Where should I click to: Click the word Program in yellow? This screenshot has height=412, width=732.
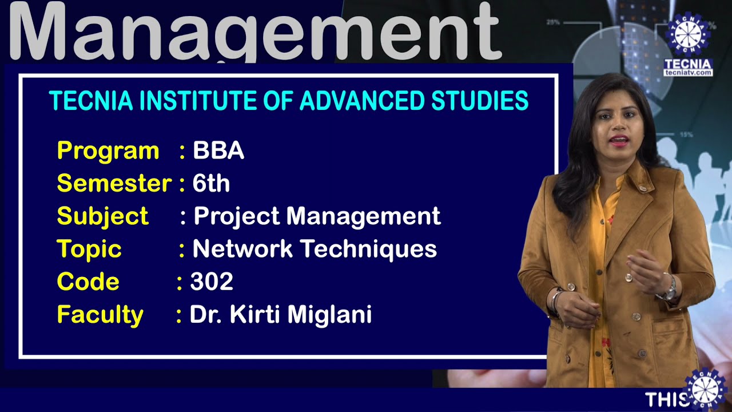[x=108, y=151]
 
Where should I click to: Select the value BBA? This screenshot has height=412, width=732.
[x=218, y=150]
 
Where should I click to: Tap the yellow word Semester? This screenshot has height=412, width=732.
[x=114, y=184]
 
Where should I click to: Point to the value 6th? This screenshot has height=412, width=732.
[x=211, y=184]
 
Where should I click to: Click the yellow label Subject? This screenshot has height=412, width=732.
[x=103, y=216]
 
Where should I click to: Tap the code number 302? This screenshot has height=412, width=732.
[x=212, y=282]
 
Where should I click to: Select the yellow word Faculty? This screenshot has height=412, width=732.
[x=100, y=315]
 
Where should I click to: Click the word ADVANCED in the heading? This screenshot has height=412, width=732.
[x=362, y=101]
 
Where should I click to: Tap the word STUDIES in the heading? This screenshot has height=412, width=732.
[x=480, y=101]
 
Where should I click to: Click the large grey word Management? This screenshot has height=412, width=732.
[x=254, y=31]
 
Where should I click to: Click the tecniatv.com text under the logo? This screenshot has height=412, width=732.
[x=688, y=73]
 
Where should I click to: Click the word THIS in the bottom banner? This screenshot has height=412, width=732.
[x=663, y=399]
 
